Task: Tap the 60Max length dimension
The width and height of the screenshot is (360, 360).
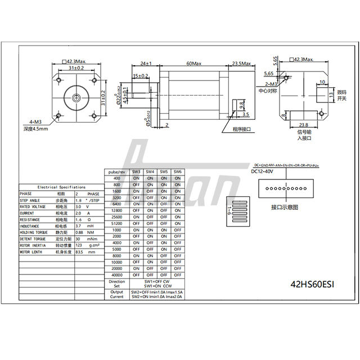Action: coord(193,64)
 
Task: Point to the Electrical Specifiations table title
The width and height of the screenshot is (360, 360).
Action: coord(61,187)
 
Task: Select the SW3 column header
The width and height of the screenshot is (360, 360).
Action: coord(136,172)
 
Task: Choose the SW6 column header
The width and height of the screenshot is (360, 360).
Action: coord(177,172)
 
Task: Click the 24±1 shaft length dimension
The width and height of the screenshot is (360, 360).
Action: coord(146,64)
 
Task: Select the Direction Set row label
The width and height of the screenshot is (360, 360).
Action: coord(116,283)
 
